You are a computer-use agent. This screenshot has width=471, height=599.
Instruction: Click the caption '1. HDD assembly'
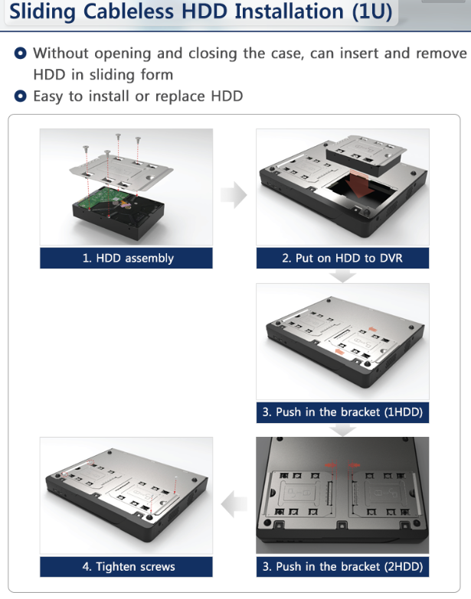(128, 259)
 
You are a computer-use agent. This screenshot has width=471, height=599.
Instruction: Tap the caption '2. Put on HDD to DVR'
(342, 259)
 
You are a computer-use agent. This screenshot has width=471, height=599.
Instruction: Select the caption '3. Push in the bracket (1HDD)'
(342, 412)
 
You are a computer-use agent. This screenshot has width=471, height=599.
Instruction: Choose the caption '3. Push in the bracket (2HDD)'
(342, 567)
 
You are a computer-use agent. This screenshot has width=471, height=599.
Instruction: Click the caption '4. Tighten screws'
(129, 567)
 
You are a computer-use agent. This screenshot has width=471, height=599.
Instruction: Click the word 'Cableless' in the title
(129, 11)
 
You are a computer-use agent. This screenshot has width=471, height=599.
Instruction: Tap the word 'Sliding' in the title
(42, 11)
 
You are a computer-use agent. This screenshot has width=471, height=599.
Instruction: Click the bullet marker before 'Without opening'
(20, 53)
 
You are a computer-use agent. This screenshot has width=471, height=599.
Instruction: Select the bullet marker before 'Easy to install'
(20, 96)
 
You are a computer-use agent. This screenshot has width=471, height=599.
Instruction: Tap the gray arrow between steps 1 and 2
(234, 195)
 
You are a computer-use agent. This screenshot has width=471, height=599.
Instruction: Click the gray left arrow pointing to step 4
(234, 504)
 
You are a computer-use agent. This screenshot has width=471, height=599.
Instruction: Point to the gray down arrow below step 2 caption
(342, 276)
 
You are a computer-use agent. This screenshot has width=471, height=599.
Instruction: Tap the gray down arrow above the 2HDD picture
(342, 430)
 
